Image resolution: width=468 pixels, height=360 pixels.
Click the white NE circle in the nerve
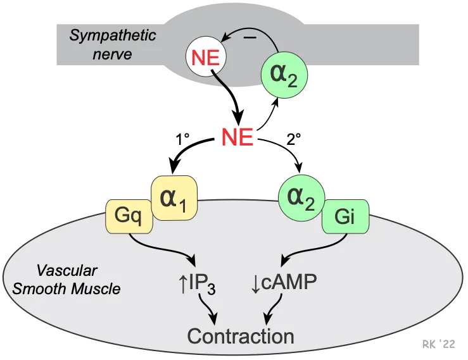(206, 58)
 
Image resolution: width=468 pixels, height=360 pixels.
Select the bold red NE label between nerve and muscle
(236, 137)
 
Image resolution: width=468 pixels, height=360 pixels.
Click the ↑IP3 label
(197, 284)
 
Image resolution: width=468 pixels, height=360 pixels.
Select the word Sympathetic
(112, 35)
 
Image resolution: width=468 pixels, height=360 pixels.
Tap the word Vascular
(66, 271)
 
